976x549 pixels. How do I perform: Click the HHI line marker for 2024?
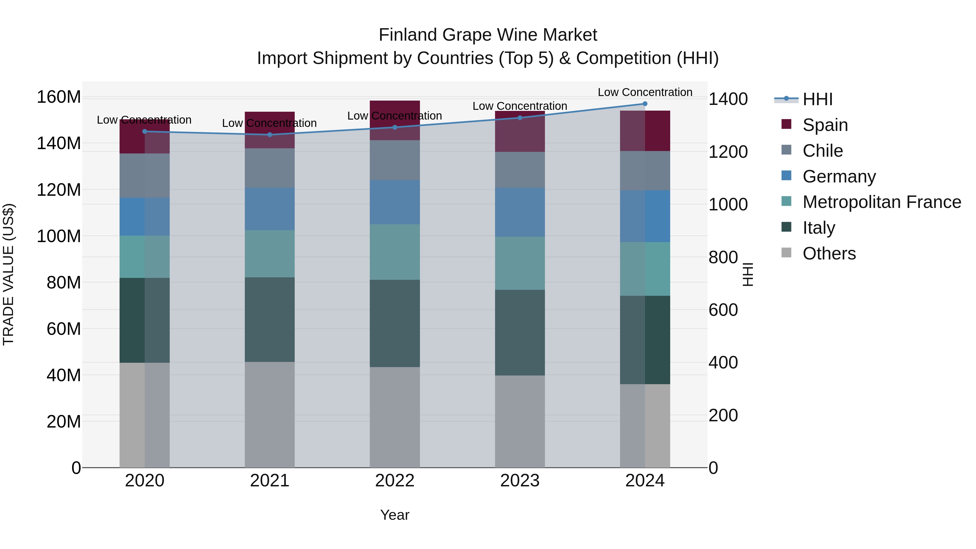click(645, 104)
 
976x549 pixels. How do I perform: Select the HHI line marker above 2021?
click(270, 135)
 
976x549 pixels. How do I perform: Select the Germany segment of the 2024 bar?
click(645, 216)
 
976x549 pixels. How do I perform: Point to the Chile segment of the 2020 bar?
click(145, 175)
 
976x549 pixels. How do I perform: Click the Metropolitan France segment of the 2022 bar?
click(395, 252)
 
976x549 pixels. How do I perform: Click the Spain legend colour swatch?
click(786, 124)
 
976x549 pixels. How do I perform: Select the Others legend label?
click(829, 253)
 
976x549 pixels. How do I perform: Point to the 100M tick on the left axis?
click(59, 236)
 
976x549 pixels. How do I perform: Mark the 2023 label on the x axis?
click(520, 481)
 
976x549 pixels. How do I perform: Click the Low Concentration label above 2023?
click(520, 106)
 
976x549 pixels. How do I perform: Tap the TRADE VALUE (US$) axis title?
click(8, 274)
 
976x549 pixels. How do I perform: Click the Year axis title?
click(395, 515)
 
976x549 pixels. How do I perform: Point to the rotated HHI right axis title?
click(747, 274)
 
